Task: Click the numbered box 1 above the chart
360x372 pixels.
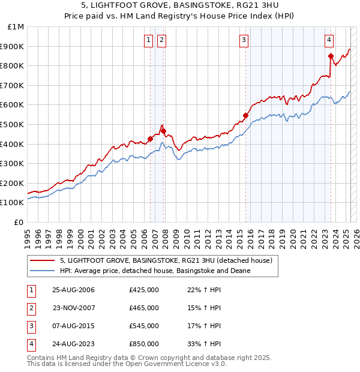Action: click(x=148, y=40)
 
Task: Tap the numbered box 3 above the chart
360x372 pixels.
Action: click(x=244, y=40)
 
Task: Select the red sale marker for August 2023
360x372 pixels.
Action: click(x=331, y=56)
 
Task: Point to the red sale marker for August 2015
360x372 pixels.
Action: click(x=245, y=115)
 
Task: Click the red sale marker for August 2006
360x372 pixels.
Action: click(x=150, y=139)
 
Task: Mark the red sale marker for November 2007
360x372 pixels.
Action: click(x=163, y=131)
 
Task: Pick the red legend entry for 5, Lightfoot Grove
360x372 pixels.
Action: click(x=166, y=260)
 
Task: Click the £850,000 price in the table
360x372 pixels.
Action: click(x=144, y=344)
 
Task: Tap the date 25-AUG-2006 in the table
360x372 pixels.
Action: click(x=74, y=290)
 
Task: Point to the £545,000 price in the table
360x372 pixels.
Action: click(x=144, y=326)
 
